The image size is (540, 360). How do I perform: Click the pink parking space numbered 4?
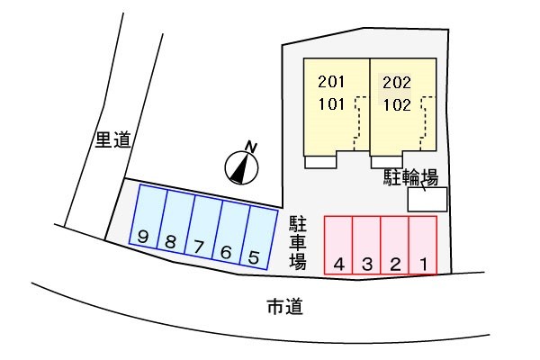click(x=338, y=245)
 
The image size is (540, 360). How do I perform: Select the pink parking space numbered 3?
click(x=367, y=245)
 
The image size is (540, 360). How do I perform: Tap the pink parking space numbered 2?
click(x=395, y=245)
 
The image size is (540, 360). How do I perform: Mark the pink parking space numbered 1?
click(x=423, y=245)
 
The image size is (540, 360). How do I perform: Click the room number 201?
click(x=331, y=82)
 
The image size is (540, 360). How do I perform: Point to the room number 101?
click(x=331, y=104)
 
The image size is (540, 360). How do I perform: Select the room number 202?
click(x=397, y=82)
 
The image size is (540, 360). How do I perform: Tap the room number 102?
click(x=397, y=104)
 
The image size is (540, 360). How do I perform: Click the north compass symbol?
click(x=241, y=167)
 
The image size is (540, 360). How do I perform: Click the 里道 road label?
click(x=112, y=139)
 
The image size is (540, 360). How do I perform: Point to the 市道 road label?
click(x=285, y=307)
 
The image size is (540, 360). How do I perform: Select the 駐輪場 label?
click(x=411, y=178)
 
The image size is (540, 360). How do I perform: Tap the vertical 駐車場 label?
click(x=298, y=243)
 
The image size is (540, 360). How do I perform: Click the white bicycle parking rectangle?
click(x=427, y=199)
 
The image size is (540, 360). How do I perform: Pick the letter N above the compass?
click(x=251, y=147)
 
